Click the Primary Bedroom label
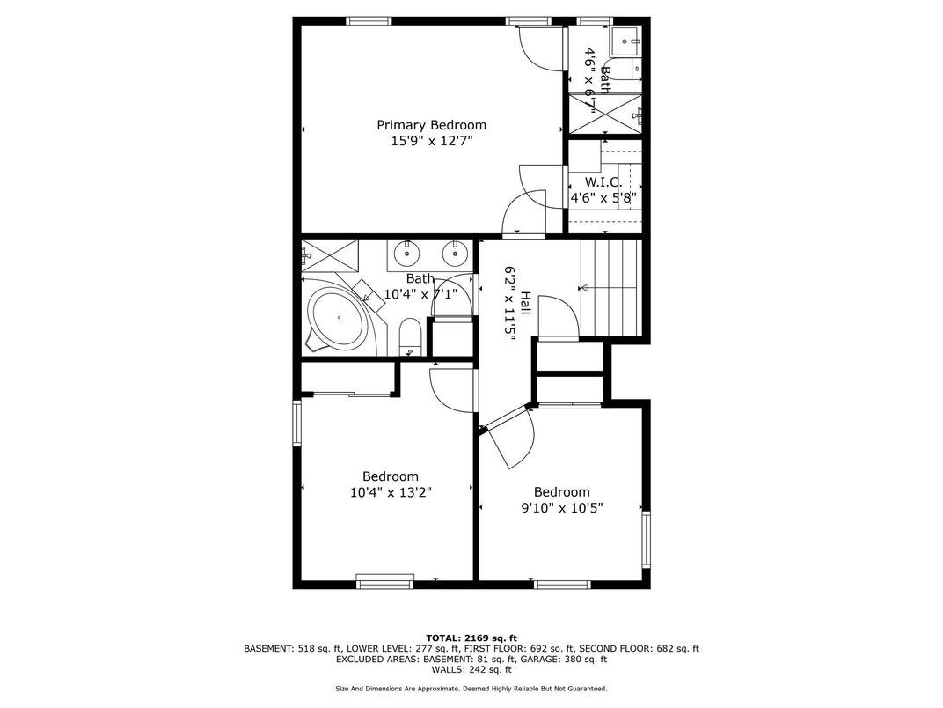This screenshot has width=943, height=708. tap(431, 125)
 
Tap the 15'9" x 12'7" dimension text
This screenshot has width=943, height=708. tap(432, 142)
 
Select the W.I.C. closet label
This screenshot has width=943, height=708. tap(603, 181)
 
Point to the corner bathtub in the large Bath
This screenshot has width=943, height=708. tap(338, 317)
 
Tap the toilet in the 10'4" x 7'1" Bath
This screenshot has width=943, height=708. tap(411, 337)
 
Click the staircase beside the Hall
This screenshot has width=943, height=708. tap(610, 288)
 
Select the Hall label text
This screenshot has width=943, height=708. tap(526, 304)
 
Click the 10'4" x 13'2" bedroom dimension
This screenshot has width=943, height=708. tap(391, 492)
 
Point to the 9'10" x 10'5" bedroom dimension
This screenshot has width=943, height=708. tap(562, 508)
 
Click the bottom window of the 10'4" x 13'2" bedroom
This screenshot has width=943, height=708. tap(385, 581)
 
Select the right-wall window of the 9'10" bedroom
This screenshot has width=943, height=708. tap(646, 540)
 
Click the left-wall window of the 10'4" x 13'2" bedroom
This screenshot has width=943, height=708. tap(297, 424)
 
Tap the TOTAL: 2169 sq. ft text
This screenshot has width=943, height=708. tap(471, 638)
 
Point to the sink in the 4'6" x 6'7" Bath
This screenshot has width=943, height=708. tap(626, 41)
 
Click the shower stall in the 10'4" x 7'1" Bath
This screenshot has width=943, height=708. tap(330, 257)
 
